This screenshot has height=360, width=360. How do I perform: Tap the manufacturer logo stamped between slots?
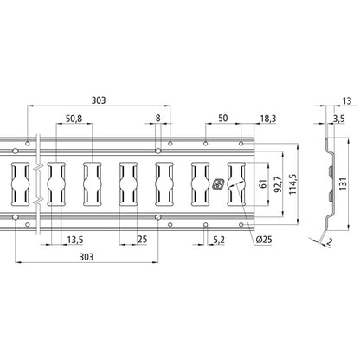tap(218, 183)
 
